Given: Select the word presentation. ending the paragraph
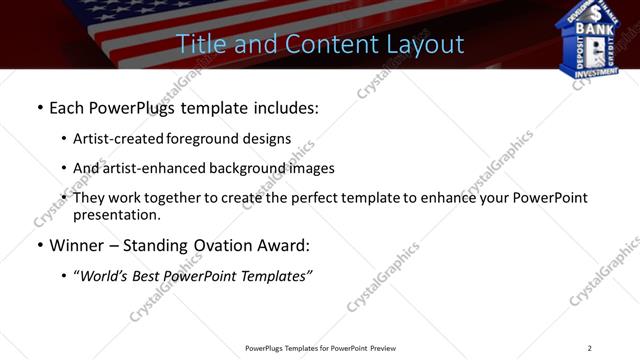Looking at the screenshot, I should (116, 215).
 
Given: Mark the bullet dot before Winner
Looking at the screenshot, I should (39, 246).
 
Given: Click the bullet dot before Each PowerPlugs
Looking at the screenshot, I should (39, 107).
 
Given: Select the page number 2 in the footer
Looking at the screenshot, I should (589, 348).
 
